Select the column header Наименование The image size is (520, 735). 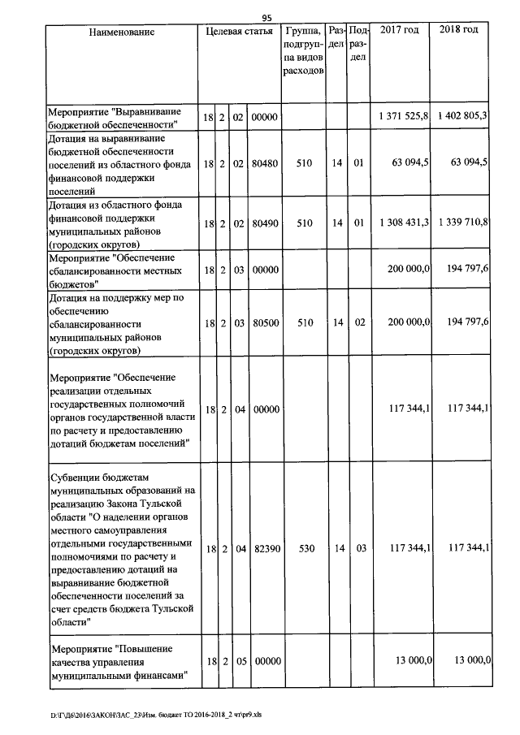(122, 32)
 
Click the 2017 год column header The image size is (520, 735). (399, 30)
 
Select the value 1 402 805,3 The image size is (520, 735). (461, 117)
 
